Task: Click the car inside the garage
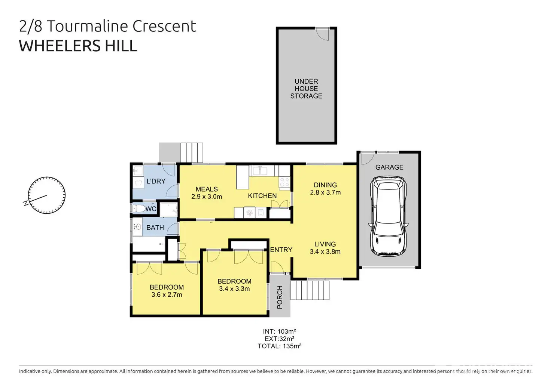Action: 389,216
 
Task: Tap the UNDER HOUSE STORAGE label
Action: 306,89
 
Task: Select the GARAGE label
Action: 389,167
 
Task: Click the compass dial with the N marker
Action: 47,195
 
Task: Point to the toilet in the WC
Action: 139,209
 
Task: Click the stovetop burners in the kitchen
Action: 284,182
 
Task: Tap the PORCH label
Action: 280,297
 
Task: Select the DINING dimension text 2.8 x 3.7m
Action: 325,192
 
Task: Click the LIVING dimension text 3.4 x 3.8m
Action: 325,251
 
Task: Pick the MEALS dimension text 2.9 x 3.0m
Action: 207,197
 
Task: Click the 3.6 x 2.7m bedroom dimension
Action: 167,294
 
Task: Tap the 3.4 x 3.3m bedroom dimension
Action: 234,288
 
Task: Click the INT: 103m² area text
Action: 280,331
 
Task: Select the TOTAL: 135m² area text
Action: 280,346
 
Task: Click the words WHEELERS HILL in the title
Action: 78,46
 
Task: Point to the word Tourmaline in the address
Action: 87,26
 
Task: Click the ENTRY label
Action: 281,250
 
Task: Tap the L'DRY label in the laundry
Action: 156,181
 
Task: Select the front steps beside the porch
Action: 310,290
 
